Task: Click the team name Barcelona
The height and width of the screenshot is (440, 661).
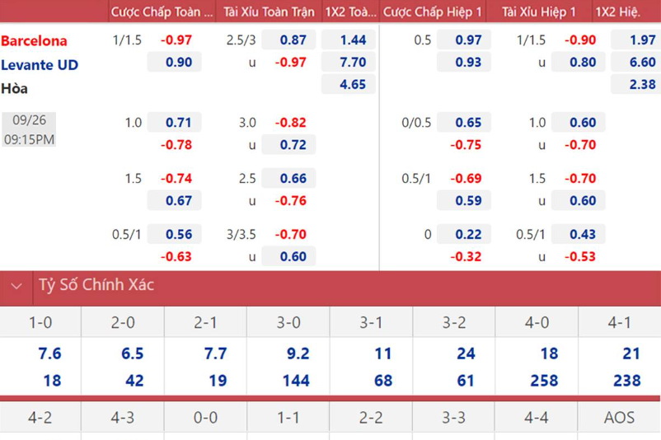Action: [x=35, y=40]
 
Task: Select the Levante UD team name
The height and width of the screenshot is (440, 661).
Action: [x=40, y=64]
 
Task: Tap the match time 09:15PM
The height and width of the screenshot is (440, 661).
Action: [x=29, y=139]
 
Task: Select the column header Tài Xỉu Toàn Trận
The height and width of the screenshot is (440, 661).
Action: [x=269, y=12]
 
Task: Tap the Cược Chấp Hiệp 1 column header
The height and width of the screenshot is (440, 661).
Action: [x=433, y=12]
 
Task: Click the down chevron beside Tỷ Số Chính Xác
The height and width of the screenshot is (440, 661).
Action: [x=16, y=287]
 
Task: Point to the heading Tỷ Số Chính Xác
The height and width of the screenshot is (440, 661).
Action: [x=96, y=285]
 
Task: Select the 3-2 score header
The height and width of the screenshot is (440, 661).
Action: [x=454, y=323]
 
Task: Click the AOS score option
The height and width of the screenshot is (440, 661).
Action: [x=619, y=418]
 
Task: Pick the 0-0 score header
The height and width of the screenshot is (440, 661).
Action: [x=205, y=418]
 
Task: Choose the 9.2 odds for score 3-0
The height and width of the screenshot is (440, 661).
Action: [x=298, y=353]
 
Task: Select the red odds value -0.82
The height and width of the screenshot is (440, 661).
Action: [x=290, y=122]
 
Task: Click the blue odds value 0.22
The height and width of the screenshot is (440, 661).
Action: [x=468, y=234]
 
